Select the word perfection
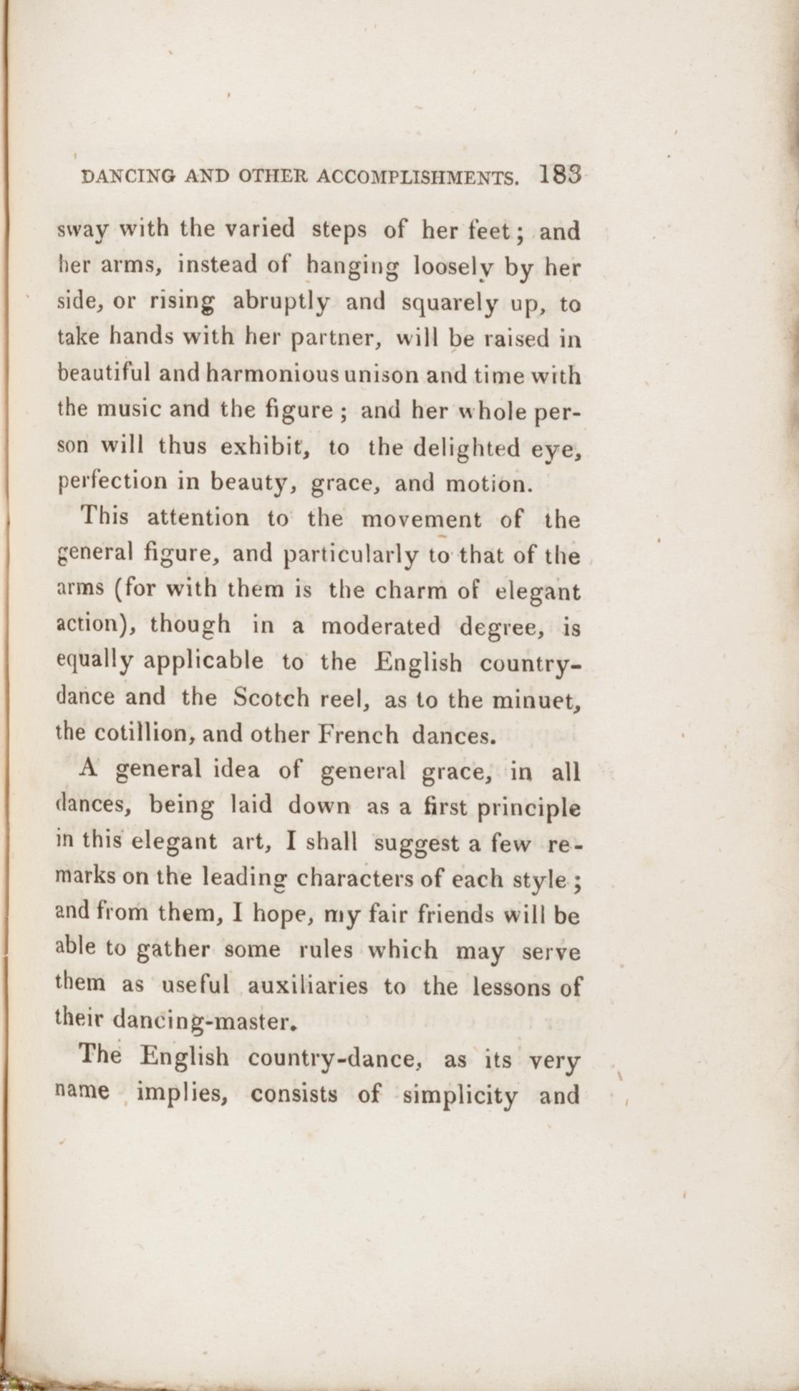(111, 484)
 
